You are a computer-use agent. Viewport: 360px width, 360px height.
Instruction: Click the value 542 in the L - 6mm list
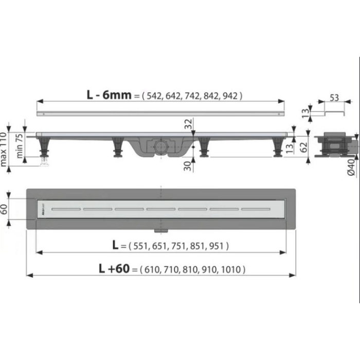(x=154, y=96)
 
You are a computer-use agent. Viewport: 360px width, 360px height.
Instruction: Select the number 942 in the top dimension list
(x=230, y=96)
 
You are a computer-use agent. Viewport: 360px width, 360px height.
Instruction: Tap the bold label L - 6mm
(x=109, y=95)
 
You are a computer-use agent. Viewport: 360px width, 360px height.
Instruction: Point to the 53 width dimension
(x=334, y=98)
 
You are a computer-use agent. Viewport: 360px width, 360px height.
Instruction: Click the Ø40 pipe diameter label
(x=351, y=168)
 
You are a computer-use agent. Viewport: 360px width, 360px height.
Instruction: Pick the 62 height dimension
(x=304, y=147)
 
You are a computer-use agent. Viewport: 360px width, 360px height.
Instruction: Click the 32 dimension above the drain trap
(x=188, y=124)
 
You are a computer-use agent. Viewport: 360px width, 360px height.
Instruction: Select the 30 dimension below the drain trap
(x=188, y=166)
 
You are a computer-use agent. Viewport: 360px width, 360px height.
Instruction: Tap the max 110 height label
(x=3, y=149)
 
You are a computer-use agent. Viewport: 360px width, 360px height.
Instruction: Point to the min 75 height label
(x=20, y=146)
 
